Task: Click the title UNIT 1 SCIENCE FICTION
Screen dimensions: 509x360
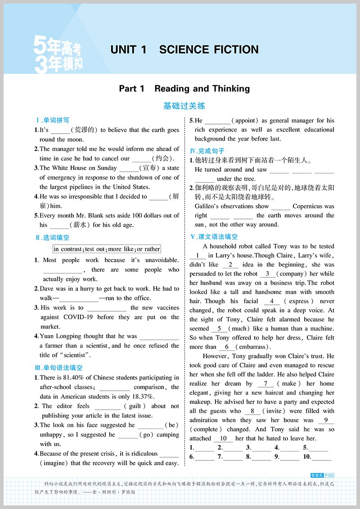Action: pos(184,49)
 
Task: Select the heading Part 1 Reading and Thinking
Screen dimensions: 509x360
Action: pos(184,89)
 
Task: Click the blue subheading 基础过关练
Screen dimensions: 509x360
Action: pos(184,106)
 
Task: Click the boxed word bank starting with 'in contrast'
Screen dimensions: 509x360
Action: pos(107,249)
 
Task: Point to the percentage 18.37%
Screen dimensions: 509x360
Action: pos(140,397)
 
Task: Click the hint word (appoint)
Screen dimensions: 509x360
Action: pos(245,121)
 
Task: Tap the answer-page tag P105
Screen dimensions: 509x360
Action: pos(329,475)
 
